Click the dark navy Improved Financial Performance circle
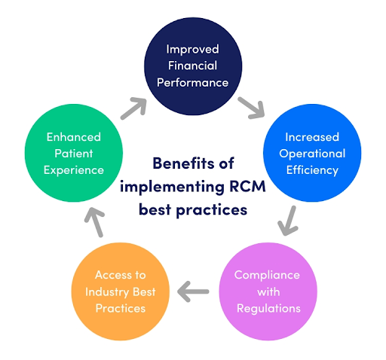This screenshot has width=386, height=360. [x=192, y=66]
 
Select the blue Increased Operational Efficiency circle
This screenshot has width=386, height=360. [x=311, y=154]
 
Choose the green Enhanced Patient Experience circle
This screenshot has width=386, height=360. [x=73, y=154]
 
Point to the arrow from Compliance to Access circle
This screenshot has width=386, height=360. [x=192, y=290]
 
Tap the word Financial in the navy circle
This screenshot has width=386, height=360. [x=192, y=66]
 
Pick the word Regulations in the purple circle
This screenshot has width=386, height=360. [x=268, y=308]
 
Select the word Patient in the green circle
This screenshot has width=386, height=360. [x=73, y=154]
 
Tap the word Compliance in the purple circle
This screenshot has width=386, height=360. [x=268, y=275]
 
